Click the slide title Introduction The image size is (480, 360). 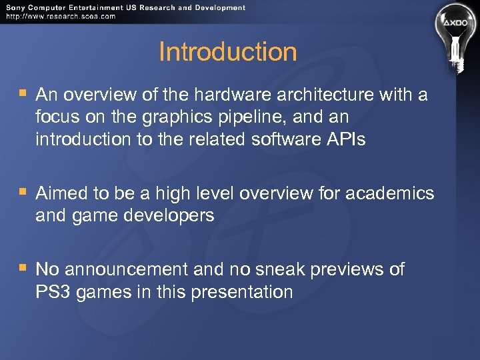click(227, 52)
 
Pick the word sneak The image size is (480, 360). click(285, 269)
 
